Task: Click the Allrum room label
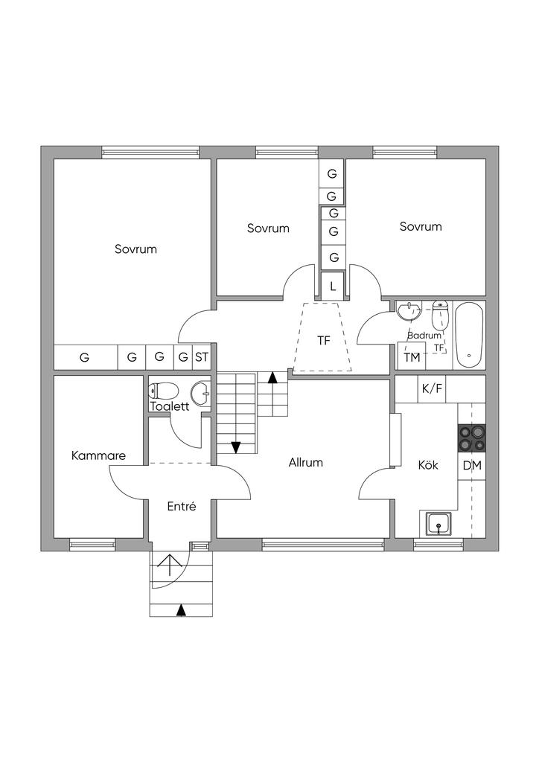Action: (x=306, y=462)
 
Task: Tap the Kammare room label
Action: (x=98, y=455)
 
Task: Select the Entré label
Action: (x=182, y=506)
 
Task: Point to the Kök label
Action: (x=427, y=465)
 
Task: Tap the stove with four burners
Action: (x=471, y=438)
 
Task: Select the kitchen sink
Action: (x=439, y=525)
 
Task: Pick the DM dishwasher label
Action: (x=471, y=466)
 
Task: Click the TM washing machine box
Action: (x=412, y=357)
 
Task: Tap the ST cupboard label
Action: (x=202, y=357)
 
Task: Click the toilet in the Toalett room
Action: (x=164, y=391)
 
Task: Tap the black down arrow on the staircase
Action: (x=236, y=447)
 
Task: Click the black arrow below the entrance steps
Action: (x=181, y=611)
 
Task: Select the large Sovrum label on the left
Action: (x=135, y=249)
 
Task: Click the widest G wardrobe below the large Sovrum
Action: (x=85, y=357)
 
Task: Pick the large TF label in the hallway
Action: (x=323, y=341)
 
